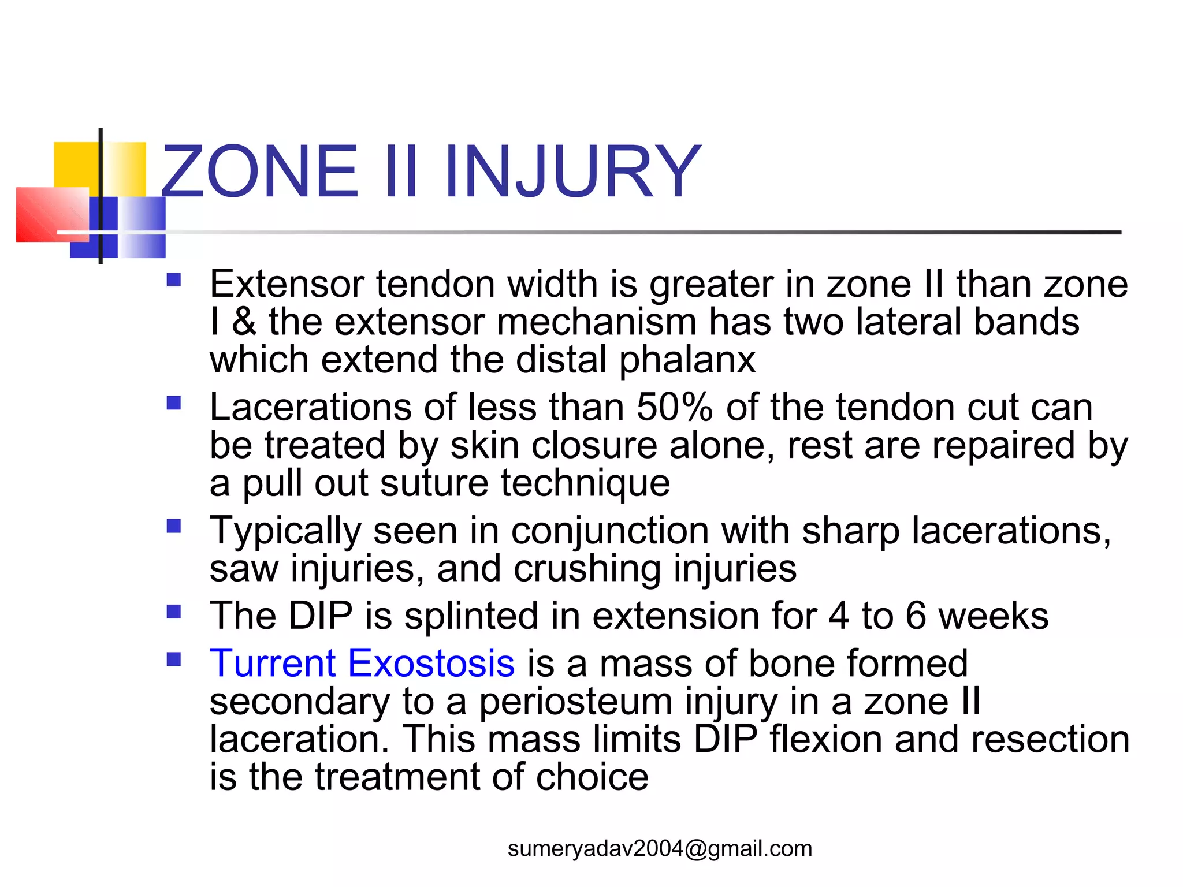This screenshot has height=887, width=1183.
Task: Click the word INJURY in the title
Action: tap(572, 172)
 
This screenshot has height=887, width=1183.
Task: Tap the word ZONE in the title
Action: tap(260, 172)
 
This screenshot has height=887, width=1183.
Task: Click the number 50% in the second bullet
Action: tap(675, 407)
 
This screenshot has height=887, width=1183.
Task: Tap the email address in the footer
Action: tap(660, 848)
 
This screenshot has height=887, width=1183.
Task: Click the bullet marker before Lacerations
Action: tap(174, 402)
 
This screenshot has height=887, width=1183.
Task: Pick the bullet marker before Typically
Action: tap(174, 526)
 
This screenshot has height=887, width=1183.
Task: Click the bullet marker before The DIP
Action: tap(174, 611)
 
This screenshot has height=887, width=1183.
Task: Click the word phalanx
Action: tap(687, 360)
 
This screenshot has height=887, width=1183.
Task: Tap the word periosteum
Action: tap(575, 702)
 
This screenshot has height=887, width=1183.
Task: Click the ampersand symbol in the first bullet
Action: tap(244, 322)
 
